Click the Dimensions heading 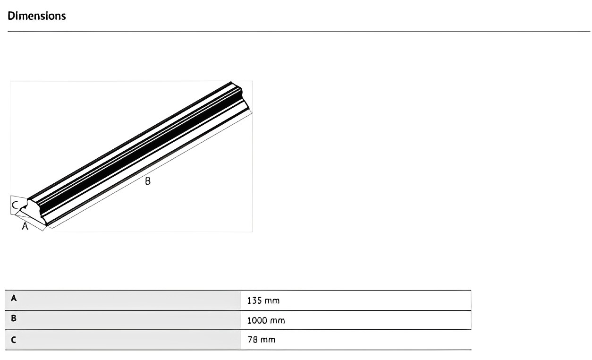tap(37, 16)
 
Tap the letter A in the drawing tap(25, 226)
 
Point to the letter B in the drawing tap(148, 181)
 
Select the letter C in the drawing tap(15, 205)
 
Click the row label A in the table tap(14, 299)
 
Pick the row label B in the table tap(14, 318)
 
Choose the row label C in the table tap(14, 340)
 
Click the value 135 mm tap(263, 301)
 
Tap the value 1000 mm tap(266, 321)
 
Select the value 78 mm tap(262, 340)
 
